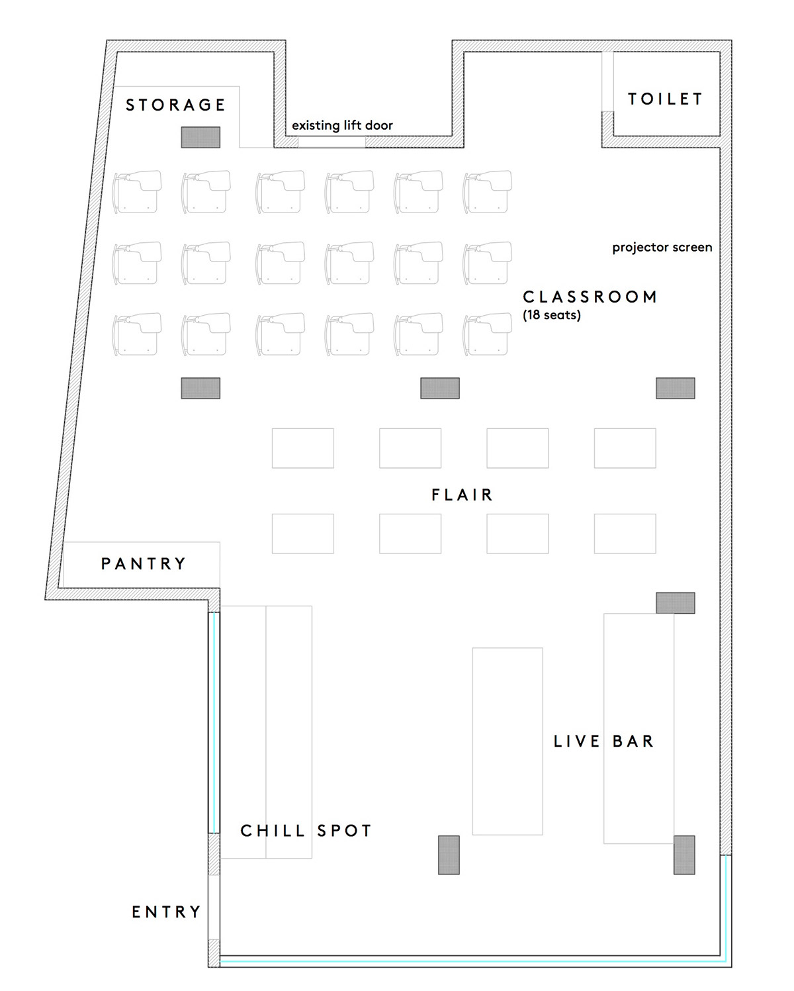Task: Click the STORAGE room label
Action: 175,105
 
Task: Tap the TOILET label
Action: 666,99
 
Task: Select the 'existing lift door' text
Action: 342,125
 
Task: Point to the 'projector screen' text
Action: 662,248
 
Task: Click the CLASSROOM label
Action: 590,297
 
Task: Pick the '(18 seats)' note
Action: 552,315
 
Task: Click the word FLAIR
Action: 462,495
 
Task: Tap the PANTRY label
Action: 144,563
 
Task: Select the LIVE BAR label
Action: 604,741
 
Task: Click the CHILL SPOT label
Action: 306,831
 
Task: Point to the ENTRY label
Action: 167,912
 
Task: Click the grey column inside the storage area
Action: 200,137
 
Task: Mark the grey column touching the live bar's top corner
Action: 676,603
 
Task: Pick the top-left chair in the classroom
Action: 138,191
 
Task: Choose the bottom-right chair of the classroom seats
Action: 488,334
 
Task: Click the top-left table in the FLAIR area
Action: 303,448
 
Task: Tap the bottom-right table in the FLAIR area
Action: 625,534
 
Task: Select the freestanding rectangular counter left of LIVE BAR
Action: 507,741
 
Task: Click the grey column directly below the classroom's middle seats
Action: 440,388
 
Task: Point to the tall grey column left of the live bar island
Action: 449,855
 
